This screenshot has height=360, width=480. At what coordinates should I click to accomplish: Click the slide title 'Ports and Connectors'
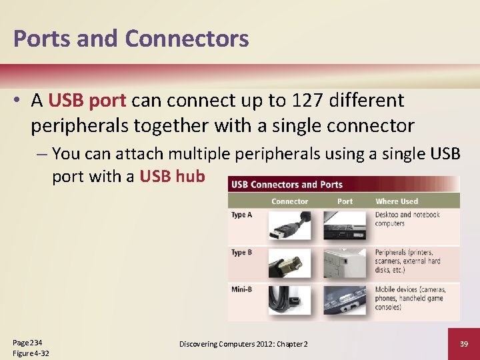[x=131, y=38]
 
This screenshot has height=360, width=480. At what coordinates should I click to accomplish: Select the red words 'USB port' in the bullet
[x=87, y=101]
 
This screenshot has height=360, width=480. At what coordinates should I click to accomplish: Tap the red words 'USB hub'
[x=172, y=177]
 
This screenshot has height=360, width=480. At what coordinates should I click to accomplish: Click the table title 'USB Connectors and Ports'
[x=287, y=185]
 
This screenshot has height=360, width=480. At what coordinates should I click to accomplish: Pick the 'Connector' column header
[x=289, y=201]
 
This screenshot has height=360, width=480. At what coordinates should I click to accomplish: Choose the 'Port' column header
[x=345, y=201]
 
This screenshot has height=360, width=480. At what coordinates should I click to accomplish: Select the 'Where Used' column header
[x=397, y=201]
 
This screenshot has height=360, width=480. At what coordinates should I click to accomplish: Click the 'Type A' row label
[x=241, y=215]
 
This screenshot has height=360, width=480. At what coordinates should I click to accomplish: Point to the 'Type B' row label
[x=241, y=253]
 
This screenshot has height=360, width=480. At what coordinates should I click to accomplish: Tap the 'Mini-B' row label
[x=241, y=289]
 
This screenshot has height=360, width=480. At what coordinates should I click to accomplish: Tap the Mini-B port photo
[x=345, y=301]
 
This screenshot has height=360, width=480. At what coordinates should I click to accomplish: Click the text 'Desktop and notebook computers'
[x=407, y=219]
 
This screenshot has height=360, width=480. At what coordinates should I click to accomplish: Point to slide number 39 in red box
[x=463, y=343]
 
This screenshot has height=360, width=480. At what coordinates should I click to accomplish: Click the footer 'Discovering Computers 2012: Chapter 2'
[x=243, y=343]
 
